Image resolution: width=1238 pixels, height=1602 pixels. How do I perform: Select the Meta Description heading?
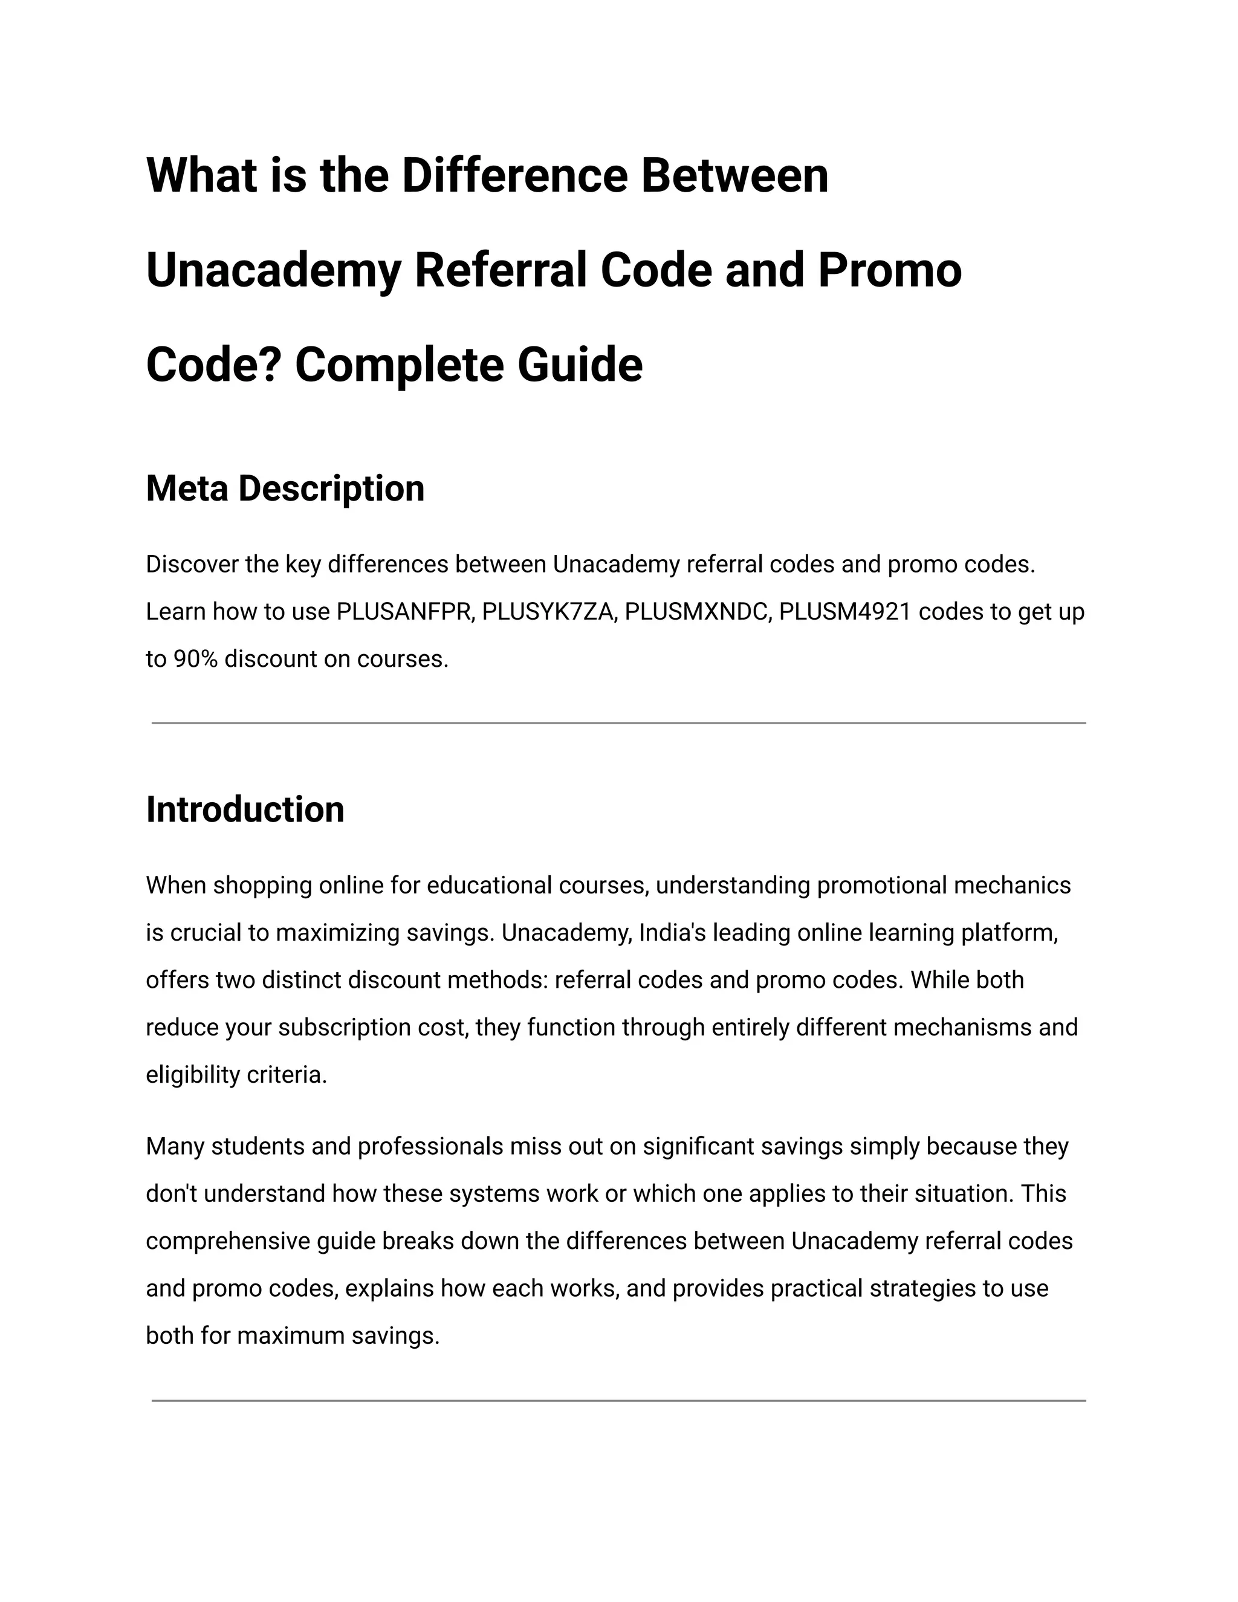[x=285, y=488]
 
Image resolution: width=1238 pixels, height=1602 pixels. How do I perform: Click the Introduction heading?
[x=245, y=810]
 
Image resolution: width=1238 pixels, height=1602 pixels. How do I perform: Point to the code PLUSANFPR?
[x=403, y=612]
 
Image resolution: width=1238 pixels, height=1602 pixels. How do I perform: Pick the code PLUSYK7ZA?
[x=547, y=612]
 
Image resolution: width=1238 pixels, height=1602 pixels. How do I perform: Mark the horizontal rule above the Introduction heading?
[x=618, y=723]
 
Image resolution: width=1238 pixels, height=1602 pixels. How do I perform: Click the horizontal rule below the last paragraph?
[x=618, y=1401]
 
